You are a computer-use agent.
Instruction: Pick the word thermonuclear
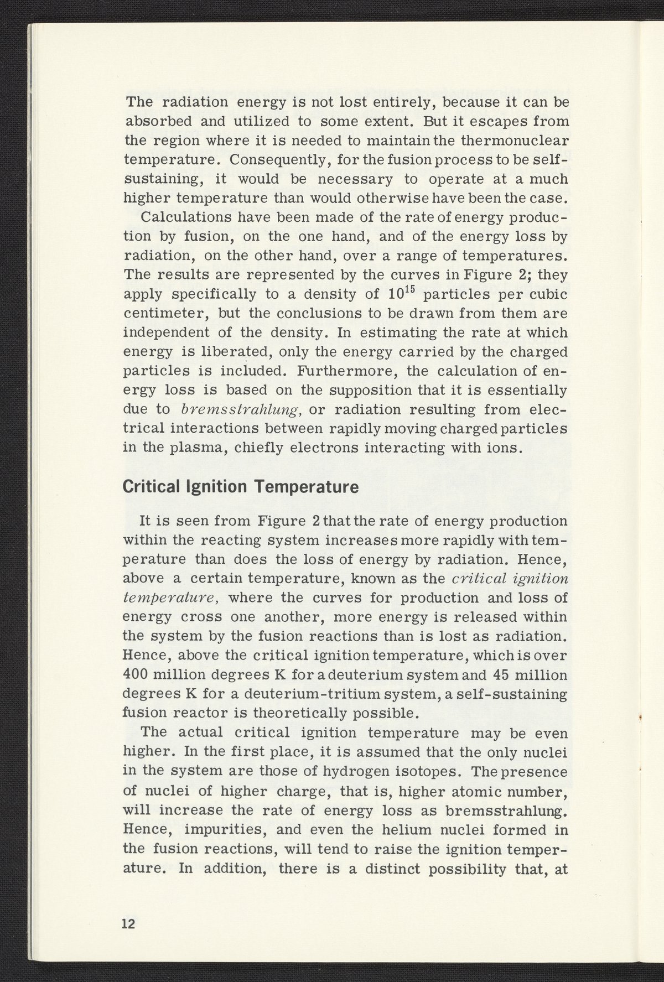click(516, 141)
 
